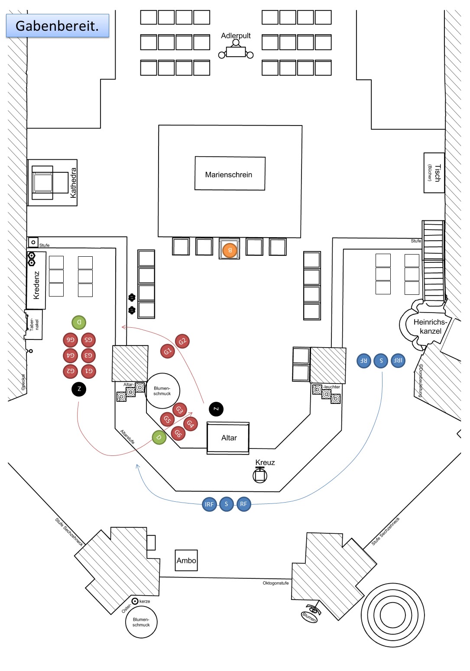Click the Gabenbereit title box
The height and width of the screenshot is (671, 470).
click(x=57, y=26)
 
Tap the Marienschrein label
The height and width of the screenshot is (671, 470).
click(x=229, y=175)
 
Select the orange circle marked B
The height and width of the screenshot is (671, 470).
click(x=230, y=250)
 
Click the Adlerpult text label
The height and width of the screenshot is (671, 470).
click(x=236, y=36)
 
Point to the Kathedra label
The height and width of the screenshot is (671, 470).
click(x=73, y=183)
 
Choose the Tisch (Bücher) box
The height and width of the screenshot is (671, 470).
click(x=434, y=173)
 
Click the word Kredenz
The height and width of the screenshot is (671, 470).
click(x=37, y=285)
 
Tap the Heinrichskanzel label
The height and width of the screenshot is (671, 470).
click(x=430, y=327)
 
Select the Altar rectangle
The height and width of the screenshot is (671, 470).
click(x=228, y=438)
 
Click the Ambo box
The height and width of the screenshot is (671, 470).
click(x=186, y=561)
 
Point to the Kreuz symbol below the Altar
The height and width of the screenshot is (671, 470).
click(x=260, y=475)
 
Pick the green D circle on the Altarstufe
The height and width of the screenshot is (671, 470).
click(x=159, y=438)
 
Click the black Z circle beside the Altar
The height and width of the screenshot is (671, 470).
click(x=216, y=409)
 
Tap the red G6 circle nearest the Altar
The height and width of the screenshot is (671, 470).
click(x=178, y=433)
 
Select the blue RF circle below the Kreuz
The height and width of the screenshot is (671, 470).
click(x=243, y=504)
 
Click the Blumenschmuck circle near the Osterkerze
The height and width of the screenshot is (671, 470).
click(x=141, y=623)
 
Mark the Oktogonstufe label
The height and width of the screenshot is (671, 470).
click(x=276, y=583)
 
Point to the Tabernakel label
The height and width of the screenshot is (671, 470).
click(x=34, y=325)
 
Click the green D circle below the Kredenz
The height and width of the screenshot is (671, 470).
click(x=79, y=322)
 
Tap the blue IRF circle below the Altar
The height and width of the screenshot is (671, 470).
click(x=209, y=504)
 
